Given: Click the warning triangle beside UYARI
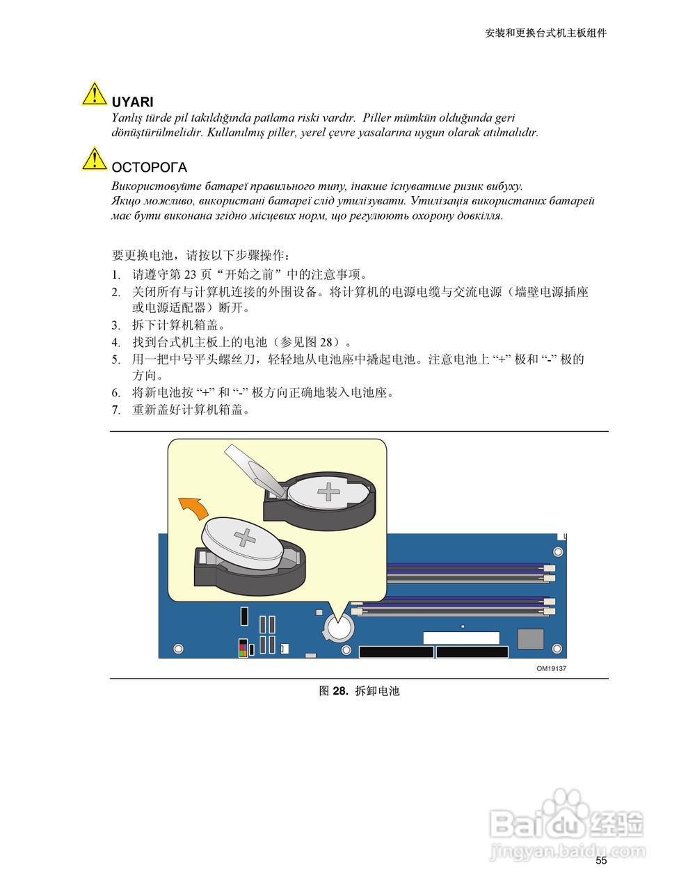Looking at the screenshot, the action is pos(94,93).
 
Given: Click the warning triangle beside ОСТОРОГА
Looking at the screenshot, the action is pos(94,159).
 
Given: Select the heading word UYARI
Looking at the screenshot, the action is pos(132,102).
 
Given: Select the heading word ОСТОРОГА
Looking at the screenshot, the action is pos(149,167).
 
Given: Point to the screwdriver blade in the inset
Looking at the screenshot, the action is pos(254,470).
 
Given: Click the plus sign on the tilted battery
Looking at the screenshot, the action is pos(245,537).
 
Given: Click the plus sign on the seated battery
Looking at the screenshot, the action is pos(328,491).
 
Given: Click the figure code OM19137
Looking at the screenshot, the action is pos(551,668).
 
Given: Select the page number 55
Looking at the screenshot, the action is pos(601,861).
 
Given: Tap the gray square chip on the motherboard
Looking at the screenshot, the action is pos(530,638).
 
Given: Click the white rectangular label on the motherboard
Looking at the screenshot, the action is pos(461,638).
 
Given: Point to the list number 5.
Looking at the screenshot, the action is pos(116,360).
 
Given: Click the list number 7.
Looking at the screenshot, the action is pos(116,410).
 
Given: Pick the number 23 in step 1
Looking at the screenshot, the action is pos(191,274).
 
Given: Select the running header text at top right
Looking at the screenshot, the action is pos(546,33).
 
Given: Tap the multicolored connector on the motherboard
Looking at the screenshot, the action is pos(243,647).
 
